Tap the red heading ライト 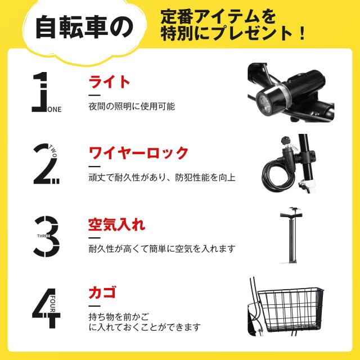point(109,82)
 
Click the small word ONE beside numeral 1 point(56,110)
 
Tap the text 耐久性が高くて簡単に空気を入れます point(161,248)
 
